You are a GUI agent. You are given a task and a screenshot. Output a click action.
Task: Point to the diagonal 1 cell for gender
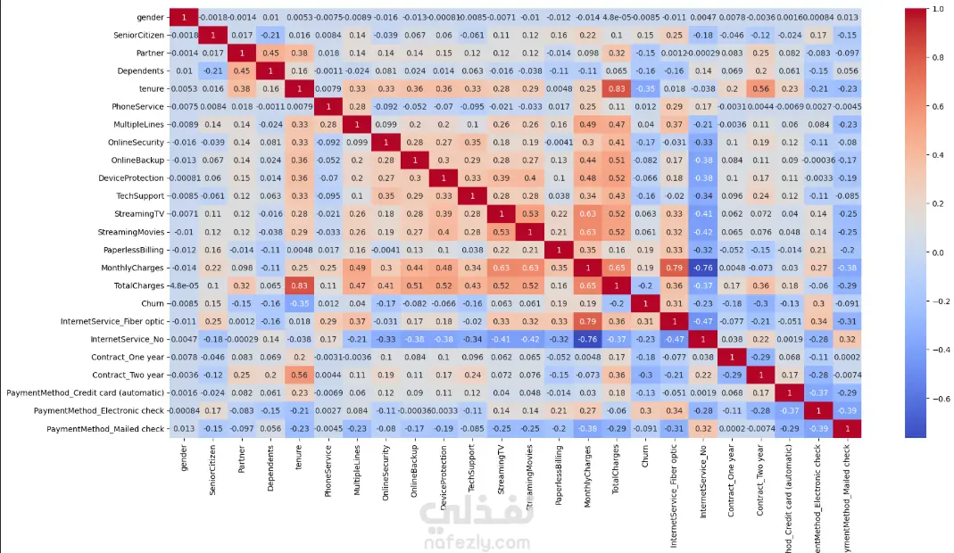184,17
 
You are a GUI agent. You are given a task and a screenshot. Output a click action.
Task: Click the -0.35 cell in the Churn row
298,303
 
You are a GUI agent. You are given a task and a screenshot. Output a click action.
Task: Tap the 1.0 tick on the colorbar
936,9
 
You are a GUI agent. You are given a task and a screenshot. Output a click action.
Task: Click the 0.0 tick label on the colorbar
936,252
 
